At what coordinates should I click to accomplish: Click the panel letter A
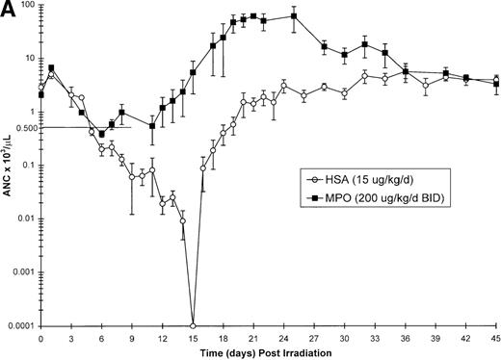pos(10,12)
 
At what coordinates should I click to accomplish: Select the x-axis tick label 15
pos(193,336)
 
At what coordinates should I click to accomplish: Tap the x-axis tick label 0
pos(40,336)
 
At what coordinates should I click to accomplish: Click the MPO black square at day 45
pos(496,84)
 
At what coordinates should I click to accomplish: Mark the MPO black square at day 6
pos(101,134)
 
